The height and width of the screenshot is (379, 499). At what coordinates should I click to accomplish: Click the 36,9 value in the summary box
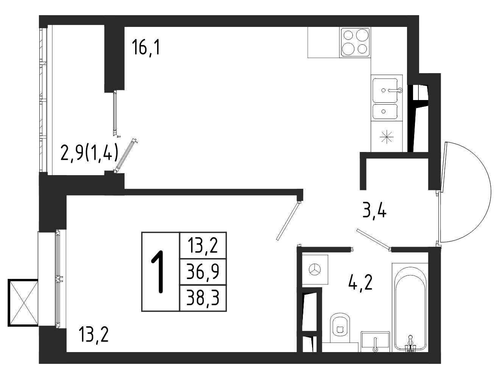203,272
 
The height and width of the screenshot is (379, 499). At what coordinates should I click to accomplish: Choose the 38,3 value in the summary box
203,298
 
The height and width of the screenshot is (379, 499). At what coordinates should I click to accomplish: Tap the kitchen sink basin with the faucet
385,90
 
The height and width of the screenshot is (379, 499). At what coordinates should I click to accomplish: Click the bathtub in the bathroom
410,309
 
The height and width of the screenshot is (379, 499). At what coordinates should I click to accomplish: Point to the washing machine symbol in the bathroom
315,270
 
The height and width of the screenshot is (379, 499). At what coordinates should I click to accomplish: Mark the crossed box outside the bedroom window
23,303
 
